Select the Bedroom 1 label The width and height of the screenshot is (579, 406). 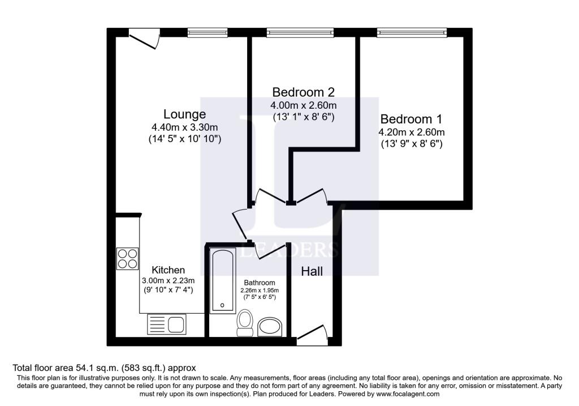[411, 119]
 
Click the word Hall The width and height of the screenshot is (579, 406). [312, 272]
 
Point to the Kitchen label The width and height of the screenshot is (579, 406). [168, 270]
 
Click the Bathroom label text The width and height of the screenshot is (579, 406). [260, 283]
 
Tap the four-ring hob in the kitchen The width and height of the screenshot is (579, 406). [127, 258]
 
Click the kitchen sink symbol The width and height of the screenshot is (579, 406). [166, 325]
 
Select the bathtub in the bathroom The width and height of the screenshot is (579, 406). [222, 280]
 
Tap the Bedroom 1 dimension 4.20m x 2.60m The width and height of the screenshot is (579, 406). [411, 133]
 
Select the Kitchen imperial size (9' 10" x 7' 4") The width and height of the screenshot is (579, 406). [168, 290]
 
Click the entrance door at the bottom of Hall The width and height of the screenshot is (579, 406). [312, 335]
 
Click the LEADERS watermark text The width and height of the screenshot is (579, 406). [289, 250]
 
